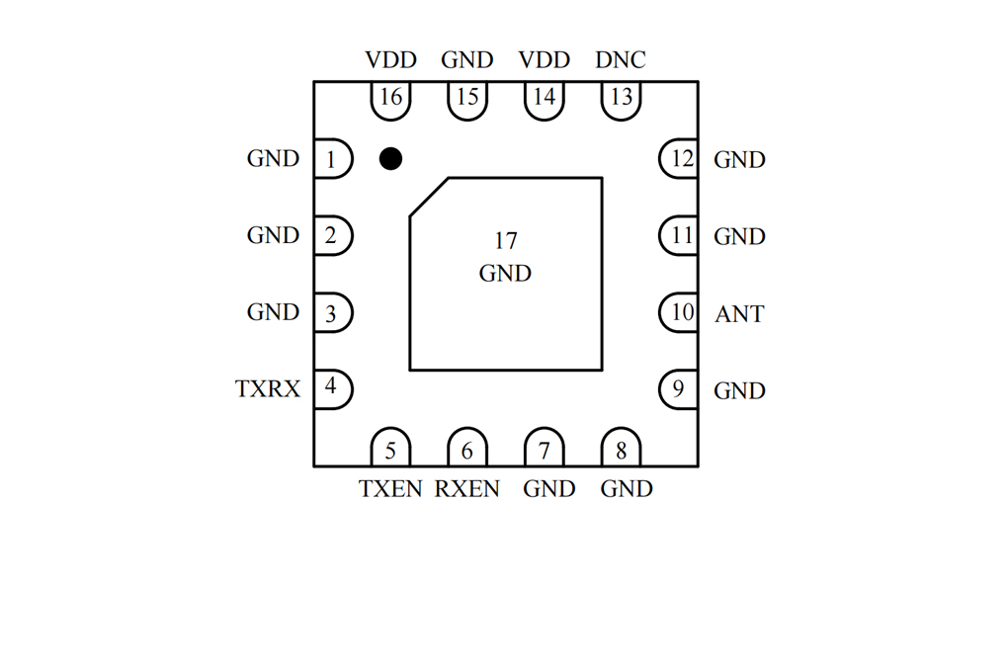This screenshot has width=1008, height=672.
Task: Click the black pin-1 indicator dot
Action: click(391, 158)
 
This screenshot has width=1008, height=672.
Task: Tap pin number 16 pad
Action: click(391, 101)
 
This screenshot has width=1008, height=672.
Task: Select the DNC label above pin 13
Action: click(621, 60)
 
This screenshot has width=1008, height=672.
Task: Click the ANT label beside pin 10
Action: click(739, 314)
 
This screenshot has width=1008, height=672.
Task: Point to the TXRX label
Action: click(268, 388)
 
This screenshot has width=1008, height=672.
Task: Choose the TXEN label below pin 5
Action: click(390, 489)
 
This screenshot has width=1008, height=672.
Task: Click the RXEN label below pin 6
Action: click(466, 489)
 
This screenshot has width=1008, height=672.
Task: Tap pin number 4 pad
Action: click(333, 389)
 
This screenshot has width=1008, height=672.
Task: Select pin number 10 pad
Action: click(679, 312)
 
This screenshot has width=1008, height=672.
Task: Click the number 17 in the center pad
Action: click(506, 240)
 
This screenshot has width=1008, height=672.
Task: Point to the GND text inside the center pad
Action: click(505, 274)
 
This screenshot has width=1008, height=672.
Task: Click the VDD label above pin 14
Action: click(544, 60)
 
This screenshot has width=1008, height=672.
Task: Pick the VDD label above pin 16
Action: click(391, 60)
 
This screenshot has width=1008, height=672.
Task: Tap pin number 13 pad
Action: click(621, 101)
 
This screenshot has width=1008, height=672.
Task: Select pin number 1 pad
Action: click(333, 158)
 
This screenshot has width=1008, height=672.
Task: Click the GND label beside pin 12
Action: click(739, 159)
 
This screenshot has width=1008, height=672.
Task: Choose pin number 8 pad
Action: click(621, 447)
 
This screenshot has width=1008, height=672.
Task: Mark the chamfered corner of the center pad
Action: click(429, 197)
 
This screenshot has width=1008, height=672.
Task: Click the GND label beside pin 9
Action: click(739, 390)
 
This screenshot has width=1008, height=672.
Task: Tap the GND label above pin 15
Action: click(466, 60)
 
